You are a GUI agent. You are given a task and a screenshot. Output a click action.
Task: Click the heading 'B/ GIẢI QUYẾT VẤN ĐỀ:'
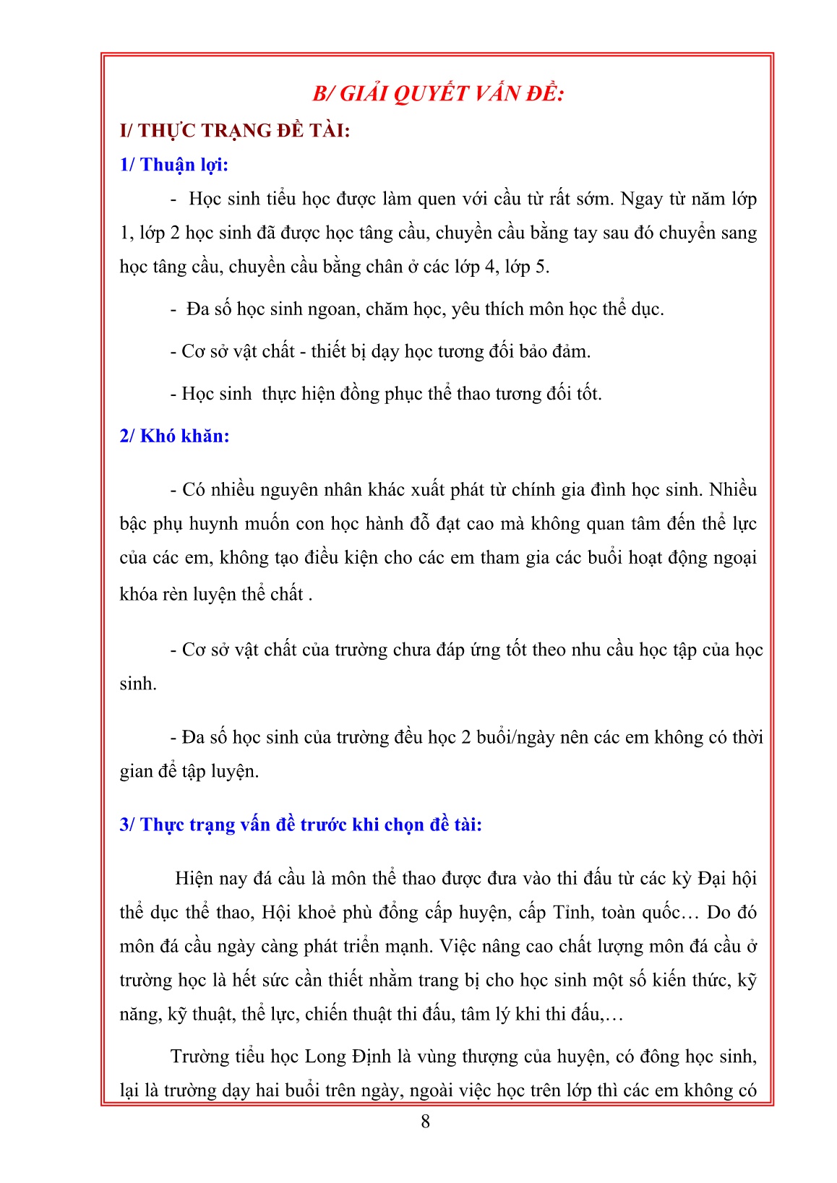click(438, 94)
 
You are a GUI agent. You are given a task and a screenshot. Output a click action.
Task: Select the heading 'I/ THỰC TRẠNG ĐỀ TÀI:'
click(235, 131)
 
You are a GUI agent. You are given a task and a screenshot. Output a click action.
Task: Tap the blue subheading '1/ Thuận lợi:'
click(174, 165)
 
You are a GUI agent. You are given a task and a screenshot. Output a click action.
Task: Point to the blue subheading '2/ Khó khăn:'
click(174, 436)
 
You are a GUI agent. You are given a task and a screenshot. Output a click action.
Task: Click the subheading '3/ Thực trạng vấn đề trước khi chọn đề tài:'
click(301, 825)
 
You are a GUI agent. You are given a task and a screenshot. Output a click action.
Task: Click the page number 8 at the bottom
click(425, 1121)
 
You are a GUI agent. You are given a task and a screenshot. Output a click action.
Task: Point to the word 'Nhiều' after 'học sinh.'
click(733, 490)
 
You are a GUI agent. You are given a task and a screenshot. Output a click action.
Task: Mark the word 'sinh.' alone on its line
click(138, 684)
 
